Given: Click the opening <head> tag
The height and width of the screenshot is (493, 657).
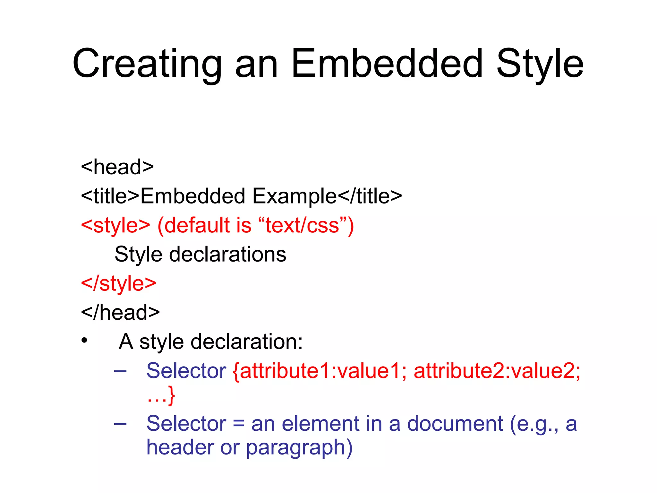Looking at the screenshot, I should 117,167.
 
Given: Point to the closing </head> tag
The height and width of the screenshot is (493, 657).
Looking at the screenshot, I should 120,312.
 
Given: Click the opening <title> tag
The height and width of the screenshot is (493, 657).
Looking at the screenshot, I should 110,196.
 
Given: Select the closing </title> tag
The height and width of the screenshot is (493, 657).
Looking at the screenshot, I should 370,196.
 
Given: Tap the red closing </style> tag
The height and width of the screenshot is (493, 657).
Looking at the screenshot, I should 118,283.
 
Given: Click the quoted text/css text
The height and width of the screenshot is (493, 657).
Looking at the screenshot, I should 302,225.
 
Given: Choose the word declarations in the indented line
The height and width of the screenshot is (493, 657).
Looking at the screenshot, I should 227,255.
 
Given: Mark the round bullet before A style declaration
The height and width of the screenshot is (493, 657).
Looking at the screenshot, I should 84,341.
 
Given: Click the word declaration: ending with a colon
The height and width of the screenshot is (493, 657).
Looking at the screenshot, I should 246,342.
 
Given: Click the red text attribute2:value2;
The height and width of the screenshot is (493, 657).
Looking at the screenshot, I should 497,371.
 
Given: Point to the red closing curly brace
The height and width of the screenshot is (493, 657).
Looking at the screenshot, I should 172,395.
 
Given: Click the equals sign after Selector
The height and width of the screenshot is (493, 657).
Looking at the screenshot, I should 239,424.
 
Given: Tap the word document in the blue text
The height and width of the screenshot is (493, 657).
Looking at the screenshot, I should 455,423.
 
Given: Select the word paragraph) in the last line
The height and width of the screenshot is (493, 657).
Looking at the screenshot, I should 299,447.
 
